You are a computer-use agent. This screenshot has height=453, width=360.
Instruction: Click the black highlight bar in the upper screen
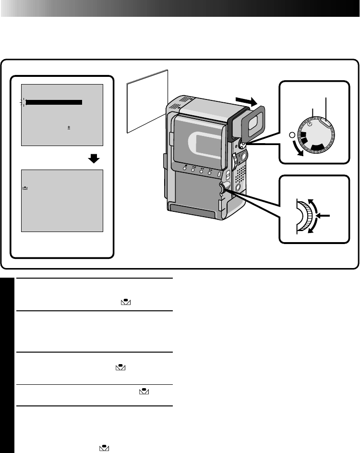click(54, 102)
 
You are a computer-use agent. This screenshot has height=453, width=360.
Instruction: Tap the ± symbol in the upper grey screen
click(69, 128)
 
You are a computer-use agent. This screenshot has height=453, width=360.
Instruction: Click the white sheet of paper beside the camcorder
click(147, 100)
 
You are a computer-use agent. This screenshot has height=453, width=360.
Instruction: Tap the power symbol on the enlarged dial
click(311, 123)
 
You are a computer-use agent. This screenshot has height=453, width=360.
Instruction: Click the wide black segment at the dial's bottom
click(320, 147)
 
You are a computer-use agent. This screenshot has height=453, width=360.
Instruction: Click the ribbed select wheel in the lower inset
click(306, 217)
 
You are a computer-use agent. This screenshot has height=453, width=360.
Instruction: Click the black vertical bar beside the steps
click(7, 365)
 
